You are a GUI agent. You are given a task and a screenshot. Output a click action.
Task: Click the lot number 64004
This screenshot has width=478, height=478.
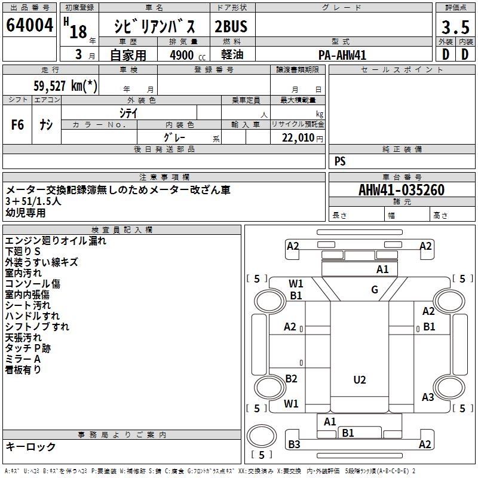pos(29,24)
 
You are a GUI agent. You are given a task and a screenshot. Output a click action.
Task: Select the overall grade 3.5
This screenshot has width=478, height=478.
pos(455,27)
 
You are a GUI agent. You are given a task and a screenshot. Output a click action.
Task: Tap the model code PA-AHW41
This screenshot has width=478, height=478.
pos(342,55)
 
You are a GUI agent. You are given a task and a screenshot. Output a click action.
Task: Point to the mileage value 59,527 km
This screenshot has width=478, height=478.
pos(65,85)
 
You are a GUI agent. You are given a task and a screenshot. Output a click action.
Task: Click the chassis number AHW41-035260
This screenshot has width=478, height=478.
pos(402,189)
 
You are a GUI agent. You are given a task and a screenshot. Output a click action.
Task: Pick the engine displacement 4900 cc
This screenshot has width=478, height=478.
pos(188,55)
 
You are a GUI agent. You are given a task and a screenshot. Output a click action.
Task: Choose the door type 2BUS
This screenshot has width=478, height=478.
pos(231,26)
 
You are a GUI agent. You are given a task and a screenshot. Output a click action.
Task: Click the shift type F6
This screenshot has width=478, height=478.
pos(17,124)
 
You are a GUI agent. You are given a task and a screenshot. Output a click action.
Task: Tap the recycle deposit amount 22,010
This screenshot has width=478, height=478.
pos(298,138)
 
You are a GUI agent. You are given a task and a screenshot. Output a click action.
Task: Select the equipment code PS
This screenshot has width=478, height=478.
pos(340,161)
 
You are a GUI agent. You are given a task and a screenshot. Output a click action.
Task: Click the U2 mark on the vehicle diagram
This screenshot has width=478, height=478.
pos(360,380)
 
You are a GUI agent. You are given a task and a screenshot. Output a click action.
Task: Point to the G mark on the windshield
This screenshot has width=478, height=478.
pos(375,289)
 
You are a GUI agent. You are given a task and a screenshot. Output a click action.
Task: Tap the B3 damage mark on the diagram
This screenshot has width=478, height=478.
pos(294,445)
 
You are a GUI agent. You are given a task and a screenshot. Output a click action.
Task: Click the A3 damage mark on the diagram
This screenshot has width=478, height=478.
pos(428,397)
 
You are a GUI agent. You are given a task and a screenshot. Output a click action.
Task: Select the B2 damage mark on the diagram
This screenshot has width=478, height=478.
pos(291,378)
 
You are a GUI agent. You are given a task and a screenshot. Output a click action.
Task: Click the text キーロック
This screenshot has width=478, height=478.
pos(30,446)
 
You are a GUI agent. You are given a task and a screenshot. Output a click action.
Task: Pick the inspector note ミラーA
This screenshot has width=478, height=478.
pos(23,359)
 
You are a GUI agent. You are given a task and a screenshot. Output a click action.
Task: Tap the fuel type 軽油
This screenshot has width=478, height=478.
pos(232,54)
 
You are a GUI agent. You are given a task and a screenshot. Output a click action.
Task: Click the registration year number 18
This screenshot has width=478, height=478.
pos(78,32)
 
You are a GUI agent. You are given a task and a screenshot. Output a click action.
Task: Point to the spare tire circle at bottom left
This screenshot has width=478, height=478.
pos(262,436)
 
